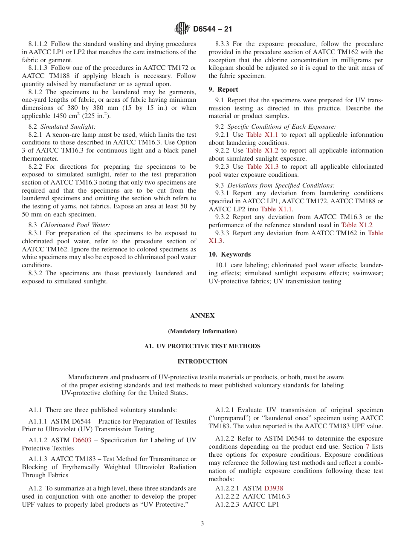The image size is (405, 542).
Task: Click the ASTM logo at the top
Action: pos(182,29)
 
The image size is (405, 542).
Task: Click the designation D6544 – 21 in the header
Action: pos(212,29)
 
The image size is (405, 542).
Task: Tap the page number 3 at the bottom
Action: pos(202,523)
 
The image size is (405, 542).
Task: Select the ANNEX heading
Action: pos(202,316)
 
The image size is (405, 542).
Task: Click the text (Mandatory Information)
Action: pos(202,331)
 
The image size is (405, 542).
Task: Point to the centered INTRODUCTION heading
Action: pos(202,361)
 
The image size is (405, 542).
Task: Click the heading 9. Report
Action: pos(223,89)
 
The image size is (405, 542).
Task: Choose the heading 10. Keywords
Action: pos(230,254)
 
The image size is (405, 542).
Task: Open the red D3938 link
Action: pos(273,488)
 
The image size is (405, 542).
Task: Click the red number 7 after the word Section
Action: pos(367,447)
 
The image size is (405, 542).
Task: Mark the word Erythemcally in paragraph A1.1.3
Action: pos(76,467)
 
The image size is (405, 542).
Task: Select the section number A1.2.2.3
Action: pos(229,505)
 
